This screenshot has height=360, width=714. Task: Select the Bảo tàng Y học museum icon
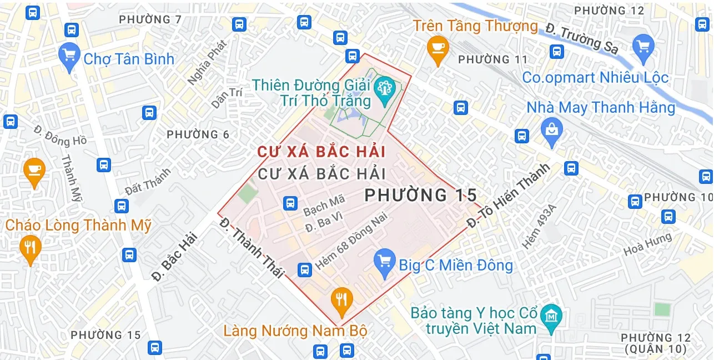551,317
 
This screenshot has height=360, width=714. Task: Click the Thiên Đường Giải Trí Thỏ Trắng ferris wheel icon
384,89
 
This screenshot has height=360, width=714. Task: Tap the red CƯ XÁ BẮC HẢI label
321,152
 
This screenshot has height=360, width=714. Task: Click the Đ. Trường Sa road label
581,38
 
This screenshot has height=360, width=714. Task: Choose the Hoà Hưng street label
647,245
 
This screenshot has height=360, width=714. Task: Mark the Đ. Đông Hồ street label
60,136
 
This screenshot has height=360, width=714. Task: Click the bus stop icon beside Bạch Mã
290,203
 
